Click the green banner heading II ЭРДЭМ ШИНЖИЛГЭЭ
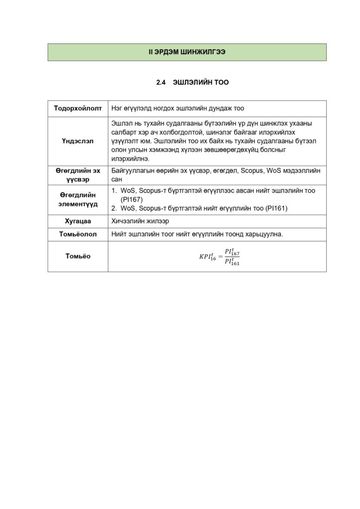pyautogui.click(x=187, y=52)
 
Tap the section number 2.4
pyautogui.click(x=160, y=83)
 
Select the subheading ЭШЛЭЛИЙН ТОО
pyautogui.click(x=200, y=83)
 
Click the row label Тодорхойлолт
pyautogui.click(x=78, y=108)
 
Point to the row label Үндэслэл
pyautogui.click(x=78, y=141)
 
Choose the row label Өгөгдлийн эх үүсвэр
pyautogui.click(x=78, y=174)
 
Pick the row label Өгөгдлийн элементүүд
pyautogui.click(x=78, y=199)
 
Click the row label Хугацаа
pyautogui.click(x=78, y=221)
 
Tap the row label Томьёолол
pyautogui.click(x=78, y=234)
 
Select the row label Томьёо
pyautogui.click(x=78, y=256)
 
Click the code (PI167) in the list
pyautogui.click(x=132, y=199)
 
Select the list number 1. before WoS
pyautogui.click(x=114, y=191)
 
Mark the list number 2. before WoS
pyautogui.click(x=114, y=208)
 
